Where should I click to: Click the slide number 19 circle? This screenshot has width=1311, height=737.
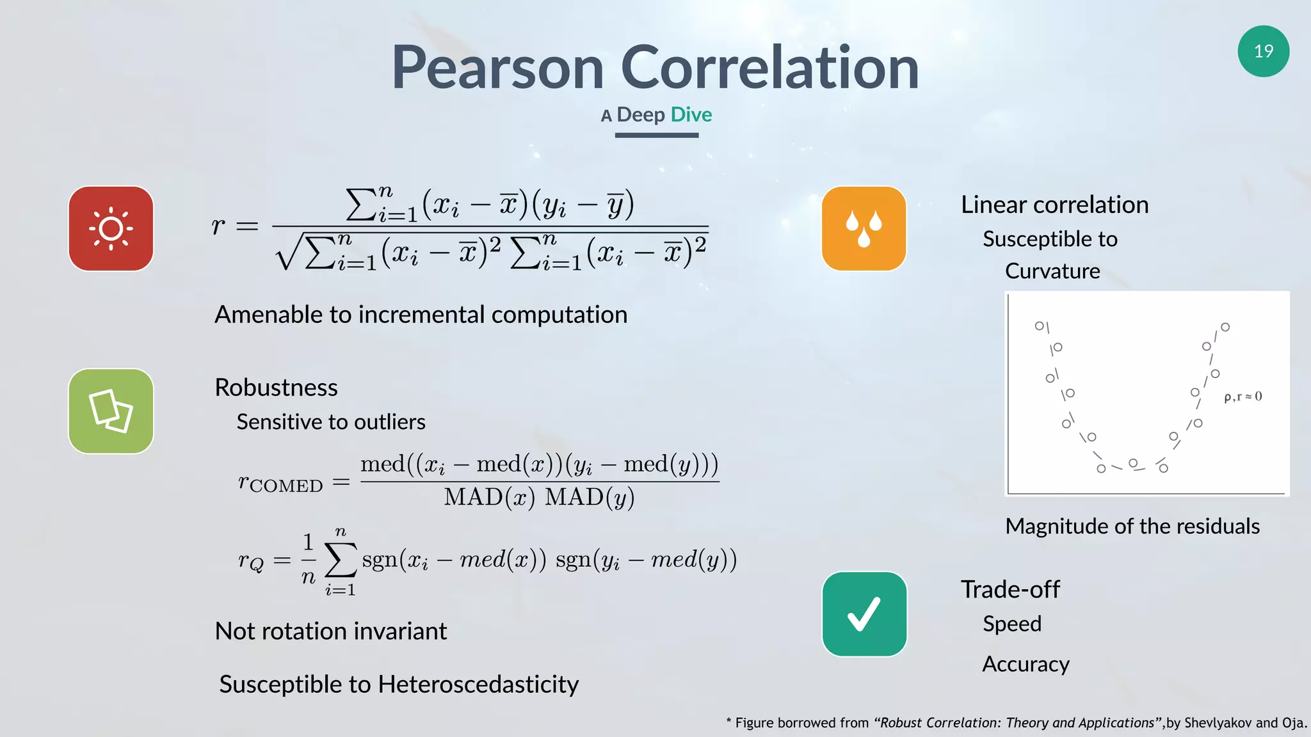1263,51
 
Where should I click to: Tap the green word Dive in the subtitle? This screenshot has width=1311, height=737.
691,115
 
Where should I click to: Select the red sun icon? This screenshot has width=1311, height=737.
111,228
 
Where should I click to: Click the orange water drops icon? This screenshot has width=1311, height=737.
864,228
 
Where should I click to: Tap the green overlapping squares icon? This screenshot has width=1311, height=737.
111,411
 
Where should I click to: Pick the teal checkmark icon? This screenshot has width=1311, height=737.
864,614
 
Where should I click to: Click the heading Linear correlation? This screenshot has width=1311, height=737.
1054,205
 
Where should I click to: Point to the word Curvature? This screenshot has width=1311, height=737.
1052,271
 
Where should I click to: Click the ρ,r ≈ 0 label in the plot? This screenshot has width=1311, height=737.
1243,397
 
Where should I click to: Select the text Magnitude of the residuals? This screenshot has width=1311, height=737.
1132,526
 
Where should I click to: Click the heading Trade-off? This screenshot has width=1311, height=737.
1009,589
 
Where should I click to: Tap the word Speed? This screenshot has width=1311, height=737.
1011,623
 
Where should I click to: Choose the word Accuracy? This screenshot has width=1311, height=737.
1025,664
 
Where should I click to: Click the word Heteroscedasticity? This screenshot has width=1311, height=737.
478,684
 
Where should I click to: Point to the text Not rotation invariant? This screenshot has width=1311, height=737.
330,631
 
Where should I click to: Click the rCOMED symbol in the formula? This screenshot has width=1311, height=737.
280,482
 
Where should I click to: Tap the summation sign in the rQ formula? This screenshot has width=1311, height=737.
340,560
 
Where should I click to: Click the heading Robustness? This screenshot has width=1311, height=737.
276,387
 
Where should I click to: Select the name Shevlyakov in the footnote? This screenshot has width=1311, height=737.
1218,723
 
